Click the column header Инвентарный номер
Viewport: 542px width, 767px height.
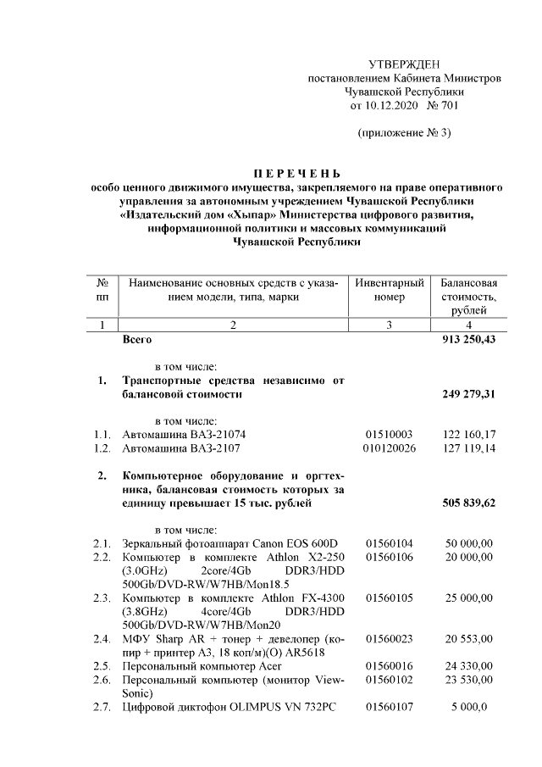(390, 290)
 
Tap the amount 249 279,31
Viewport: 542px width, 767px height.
(468, 394)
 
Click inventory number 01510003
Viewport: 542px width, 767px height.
(388, 434)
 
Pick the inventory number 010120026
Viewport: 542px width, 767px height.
(389, 447)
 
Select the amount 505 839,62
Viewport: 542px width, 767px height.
(468, 503)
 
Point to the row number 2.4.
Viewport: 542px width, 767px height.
(102, 637)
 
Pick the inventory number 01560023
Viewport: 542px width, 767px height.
(389, 637)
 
